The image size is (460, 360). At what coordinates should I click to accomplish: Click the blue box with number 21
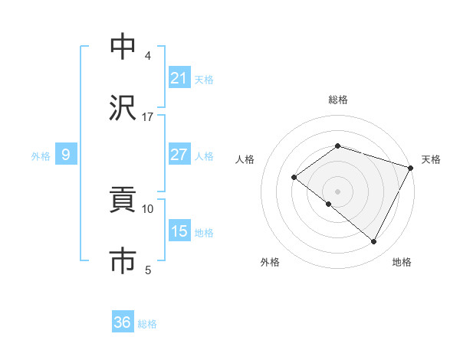179,77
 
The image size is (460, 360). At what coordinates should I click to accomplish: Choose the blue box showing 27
179,155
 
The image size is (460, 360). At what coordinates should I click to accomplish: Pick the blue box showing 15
179,231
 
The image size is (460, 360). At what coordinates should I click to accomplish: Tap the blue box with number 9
66,155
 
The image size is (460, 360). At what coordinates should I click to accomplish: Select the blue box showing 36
123,322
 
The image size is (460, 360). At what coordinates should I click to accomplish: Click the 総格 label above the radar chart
337,100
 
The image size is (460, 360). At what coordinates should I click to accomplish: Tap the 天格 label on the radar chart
431,159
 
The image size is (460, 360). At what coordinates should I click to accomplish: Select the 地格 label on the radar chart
402,262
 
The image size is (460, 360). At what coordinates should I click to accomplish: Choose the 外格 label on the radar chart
270,262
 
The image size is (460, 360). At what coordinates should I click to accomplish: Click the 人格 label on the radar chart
245,159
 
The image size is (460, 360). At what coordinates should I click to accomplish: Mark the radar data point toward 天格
411,167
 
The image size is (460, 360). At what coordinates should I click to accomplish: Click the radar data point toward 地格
374,242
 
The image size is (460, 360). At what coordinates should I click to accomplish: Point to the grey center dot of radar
337,191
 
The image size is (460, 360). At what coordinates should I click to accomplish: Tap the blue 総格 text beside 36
147,324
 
